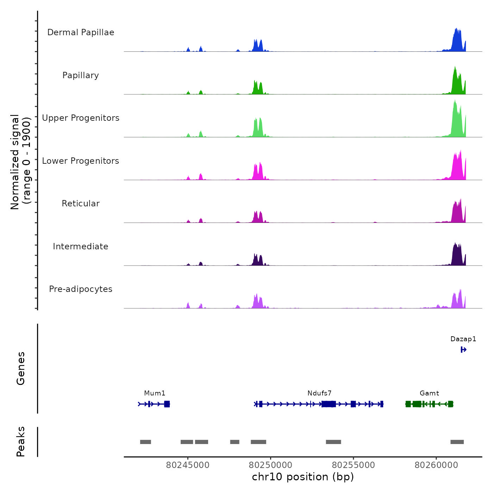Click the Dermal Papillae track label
click(81, 32)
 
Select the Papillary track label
click(81, 75)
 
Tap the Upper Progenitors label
click(81, 118)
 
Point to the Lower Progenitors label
click(81, 161)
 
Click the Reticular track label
click(81, 204)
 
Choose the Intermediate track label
click(81, 246)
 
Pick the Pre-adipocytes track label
click(81, 289)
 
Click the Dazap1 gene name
click(463, 339)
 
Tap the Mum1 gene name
click(155, 393)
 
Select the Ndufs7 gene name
click(319, 393)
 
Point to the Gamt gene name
click(429, 393)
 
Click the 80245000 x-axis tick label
click(188, 465)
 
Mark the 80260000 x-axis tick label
click(436, 465)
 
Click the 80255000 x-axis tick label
click(354, 465)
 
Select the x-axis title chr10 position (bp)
click(303, 477)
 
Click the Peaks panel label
click(21, 442)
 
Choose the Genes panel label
click(21, 368)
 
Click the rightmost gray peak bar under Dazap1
click(457, 442)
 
